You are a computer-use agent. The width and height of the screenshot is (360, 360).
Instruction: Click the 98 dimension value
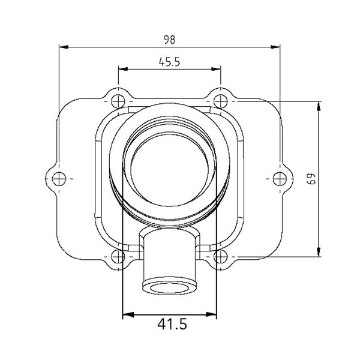(169, 40)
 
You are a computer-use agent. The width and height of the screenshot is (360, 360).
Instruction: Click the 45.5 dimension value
(169, 62)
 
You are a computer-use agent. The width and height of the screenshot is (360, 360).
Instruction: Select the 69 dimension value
(311, 179)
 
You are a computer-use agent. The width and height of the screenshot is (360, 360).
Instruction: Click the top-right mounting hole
(221, 100)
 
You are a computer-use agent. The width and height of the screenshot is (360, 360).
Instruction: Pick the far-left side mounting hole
(58, 178)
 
